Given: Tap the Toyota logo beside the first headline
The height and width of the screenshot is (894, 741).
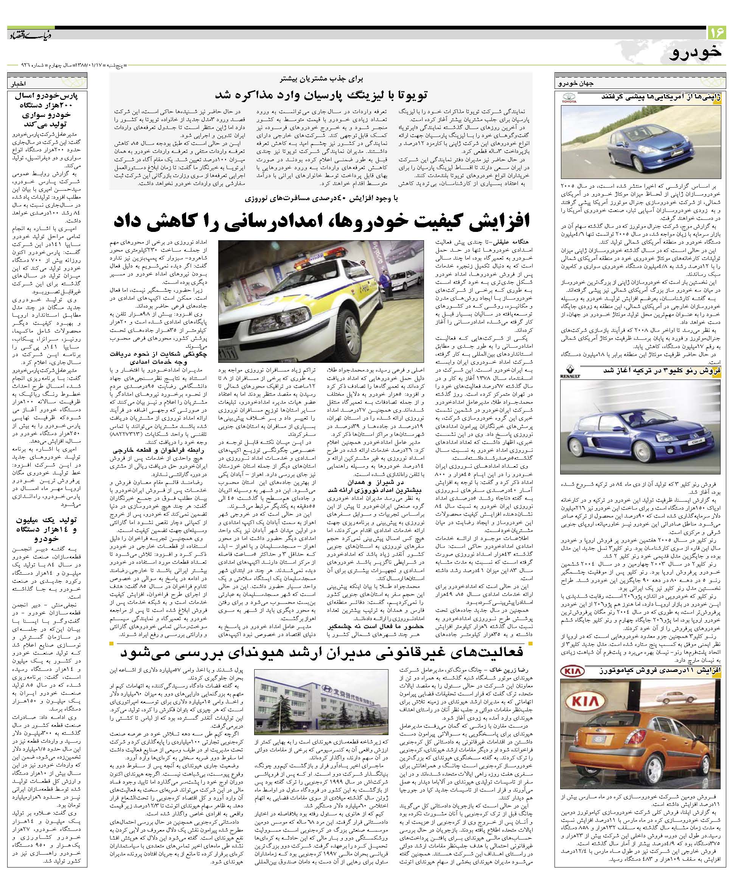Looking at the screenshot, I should (x=569, y=99).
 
